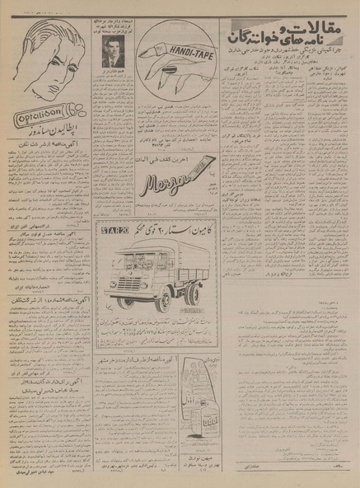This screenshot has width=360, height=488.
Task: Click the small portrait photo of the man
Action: tap(111, 57)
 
